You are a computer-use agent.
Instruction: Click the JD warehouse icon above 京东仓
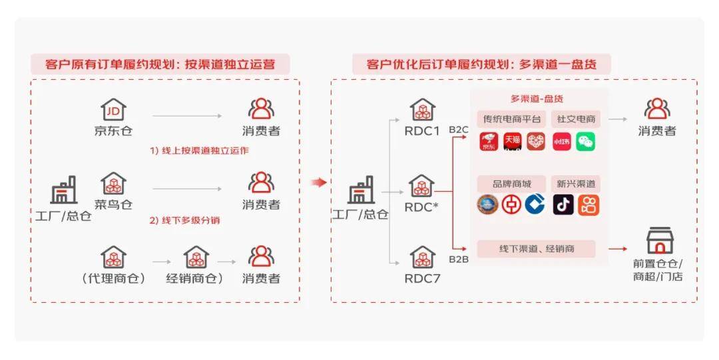pos(113,110)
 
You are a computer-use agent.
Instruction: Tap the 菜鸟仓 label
pos(113,204)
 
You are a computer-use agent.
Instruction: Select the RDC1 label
pos(421,131)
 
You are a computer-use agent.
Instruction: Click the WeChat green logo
pos(586,142)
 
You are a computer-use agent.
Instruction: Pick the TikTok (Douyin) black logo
pos(563,205)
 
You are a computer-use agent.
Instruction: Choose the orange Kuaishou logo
pos(589,205)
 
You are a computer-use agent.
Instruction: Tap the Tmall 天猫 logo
pos(512,141)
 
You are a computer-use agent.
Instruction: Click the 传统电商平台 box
pos(511,119)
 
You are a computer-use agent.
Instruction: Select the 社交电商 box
pos(576,119)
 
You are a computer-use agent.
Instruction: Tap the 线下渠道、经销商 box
pos(537,249)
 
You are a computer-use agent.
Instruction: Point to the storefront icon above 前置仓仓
pos(659,241)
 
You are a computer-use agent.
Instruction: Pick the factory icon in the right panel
pos(361,192)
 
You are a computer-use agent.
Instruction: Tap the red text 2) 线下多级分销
pos(184,220)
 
